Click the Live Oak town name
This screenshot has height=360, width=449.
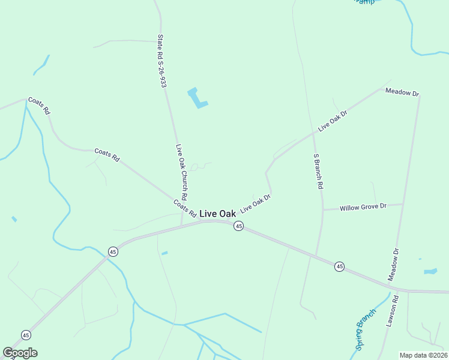point(217,214)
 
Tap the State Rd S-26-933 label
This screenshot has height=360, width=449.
point(161,61)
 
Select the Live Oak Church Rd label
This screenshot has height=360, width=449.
point(182,173)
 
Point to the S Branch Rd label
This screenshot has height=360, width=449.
point(318,172)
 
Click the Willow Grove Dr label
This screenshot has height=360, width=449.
point(361,208)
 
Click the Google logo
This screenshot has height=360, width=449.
point(20,353)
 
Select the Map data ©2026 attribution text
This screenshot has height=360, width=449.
point(423,355)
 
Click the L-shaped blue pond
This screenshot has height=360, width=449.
point(196,98)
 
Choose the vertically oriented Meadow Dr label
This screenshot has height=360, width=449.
point(394,265)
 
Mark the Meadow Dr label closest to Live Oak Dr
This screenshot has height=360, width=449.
point(402,92)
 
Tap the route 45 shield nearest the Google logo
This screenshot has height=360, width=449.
point(26,335)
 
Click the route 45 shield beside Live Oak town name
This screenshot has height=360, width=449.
point(238,226)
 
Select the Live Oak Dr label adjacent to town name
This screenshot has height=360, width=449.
point(256,203)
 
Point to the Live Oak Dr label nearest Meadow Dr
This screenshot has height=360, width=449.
point(333,121)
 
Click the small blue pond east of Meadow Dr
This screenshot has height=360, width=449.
point(430,271)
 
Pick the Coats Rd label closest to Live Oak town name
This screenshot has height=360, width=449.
point(185,208)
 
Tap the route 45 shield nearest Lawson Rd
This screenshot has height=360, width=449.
point(339,266)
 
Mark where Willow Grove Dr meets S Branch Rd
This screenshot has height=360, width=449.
point(323,209)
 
